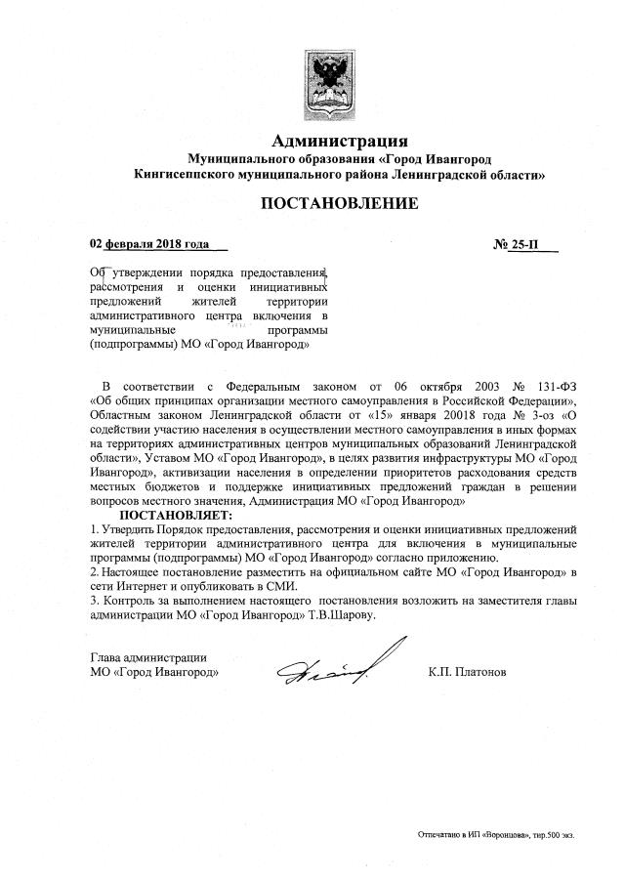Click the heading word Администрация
tap(339, 143)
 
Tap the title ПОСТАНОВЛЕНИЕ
tap(338, 204)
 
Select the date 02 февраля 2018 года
tap(149, 243)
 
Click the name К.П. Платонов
tap(467, 672)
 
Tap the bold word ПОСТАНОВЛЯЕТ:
tap(177, 515)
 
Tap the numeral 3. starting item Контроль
tap(94, 600)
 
